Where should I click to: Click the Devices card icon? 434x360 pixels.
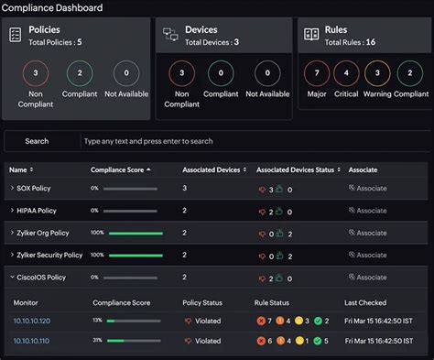[x=170, y=34]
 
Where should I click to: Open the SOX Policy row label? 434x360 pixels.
[x=36, y=188]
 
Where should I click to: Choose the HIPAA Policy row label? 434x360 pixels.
[x=38, y=210]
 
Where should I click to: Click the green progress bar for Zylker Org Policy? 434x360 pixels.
[x=135, y=233]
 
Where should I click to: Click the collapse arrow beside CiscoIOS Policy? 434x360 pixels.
[x=11, y=277]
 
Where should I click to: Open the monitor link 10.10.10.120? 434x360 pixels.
[x=32, y=321]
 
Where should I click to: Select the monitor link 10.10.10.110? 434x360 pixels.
[x=32, y=341]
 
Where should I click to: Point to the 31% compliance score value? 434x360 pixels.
[x=97, y=341]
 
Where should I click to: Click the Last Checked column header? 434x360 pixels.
[x=364, y=301]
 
